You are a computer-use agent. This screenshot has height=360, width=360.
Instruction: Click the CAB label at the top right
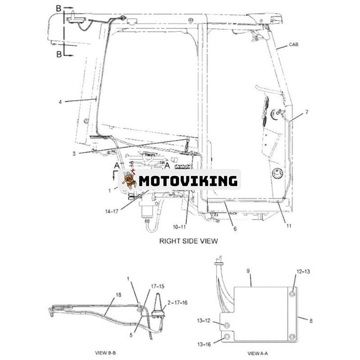point(293,45)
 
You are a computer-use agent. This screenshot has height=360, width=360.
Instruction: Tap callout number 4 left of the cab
point(60,102)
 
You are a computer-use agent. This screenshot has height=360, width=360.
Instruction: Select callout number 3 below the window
point(74,153)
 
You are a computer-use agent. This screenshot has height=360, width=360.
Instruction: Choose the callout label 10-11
point(179,227)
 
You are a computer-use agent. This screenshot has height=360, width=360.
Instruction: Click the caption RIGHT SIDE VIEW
point(189,241)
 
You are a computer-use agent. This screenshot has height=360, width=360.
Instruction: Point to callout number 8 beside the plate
point(311,320)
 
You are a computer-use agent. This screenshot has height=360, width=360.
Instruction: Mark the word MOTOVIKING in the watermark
point(188,181)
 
